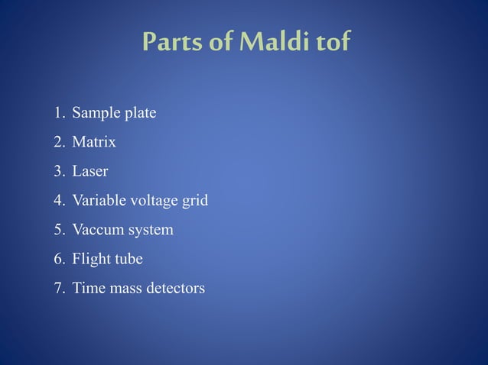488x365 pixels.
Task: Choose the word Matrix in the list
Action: [94, 142]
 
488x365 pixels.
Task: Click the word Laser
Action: [90, 171]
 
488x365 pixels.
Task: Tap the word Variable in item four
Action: [97, 201]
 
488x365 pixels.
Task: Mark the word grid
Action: [195, 201]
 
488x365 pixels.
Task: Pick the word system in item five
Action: [151, 230]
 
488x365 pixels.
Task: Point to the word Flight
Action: [90, 259]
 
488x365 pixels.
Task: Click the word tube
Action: [128, 259]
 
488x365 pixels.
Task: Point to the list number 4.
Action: [59, 201]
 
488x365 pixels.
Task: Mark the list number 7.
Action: [59, 288]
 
